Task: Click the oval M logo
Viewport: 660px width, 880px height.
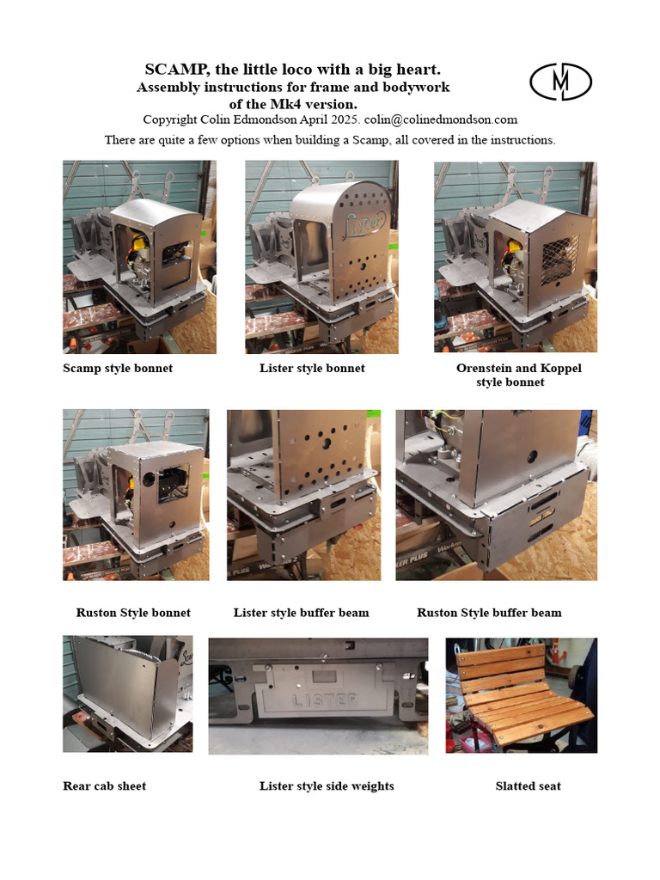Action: pyautogui.click(x=560, y=82)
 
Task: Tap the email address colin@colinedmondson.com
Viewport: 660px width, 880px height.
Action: pyautogui.click(x=441, y=119)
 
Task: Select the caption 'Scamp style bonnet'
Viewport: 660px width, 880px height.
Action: pyautogui.click(x=118, y=368)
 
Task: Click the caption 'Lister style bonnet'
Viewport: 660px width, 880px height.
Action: pyautogui.click(x=312, y=368)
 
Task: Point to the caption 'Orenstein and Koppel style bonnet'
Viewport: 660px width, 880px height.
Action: pyautogui.click(x=518, y=375)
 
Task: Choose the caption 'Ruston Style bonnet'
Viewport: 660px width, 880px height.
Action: pyautogui.click(x=133, y=612)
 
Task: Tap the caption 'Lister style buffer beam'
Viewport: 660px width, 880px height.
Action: pyautogui.click(x=302, y=612)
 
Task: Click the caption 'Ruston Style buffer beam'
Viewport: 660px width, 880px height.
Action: pyautogui.click(x=489, y=612)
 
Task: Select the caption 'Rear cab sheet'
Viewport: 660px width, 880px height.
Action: pyautogui.click(x=104, y=785)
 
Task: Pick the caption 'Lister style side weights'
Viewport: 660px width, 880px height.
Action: pyautogui.click(x=327, y=785)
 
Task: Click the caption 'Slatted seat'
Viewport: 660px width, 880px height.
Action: pyautogui.click(x=529, y=785)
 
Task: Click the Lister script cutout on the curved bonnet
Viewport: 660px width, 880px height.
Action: pyautogui.click(x=364, y=223)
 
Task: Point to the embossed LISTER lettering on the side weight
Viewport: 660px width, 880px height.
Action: pyautogui.click(x=325, y=700)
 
